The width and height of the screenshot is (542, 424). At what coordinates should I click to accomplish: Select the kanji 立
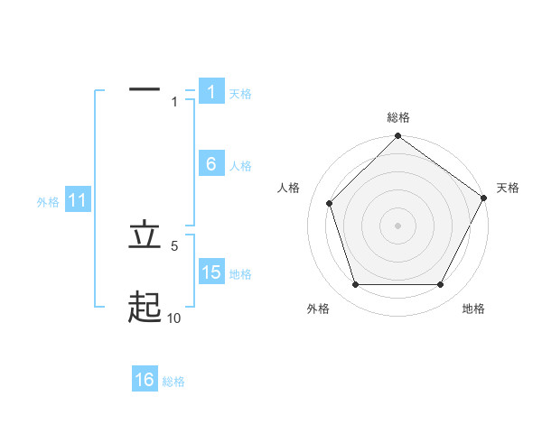(x=145, y=235)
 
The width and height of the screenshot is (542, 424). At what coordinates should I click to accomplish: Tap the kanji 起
(x=145, y=308)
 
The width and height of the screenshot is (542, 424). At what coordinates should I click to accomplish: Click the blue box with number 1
(x=210, y=91)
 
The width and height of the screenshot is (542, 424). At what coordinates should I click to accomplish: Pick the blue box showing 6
(x=210, y=163)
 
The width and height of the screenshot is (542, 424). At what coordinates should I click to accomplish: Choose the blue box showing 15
(x=210, y=272)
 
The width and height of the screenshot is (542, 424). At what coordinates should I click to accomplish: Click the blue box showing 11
(x=78, y=200)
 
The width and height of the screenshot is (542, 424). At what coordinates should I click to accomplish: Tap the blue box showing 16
(x=145, y=380)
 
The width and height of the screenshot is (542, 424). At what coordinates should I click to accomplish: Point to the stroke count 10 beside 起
(x=174, y=318)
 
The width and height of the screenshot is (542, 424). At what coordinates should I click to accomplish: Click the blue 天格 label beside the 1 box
(x=240, y=93)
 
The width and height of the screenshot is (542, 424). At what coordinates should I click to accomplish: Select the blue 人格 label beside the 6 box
(x=240, y=166)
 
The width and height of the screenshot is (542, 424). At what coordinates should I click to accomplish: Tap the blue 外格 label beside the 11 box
(x=48, y=202)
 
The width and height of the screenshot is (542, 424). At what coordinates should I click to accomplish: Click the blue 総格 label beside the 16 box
(x=173, y=382)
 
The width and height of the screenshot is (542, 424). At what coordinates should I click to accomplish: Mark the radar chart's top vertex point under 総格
(x=397, y=137)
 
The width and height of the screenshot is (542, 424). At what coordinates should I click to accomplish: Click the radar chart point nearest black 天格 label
(x=483, y=198)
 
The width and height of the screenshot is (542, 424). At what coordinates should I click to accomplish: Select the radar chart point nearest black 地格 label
(x=441, y=284)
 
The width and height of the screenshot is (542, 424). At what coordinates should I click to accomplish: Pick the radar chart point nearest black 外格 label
(x=355, y=284)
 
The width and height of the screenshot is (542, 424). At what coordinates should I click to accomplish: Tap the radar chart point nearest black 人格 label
(x=330, y=203)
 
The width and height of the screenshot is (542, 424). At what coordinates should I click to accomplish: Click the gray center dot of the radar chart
(x=397, y=225)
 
